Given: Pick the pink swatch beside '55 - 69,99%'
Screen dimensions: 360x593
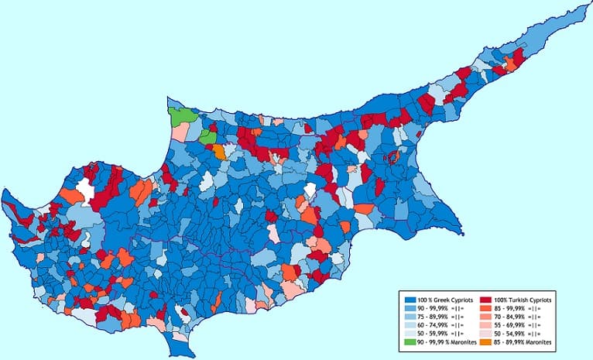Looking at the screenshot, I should [x=486, y=324].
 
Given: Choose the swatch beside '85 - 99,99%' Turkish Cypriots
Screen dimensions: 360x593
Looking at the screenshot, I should [x=486, y=307].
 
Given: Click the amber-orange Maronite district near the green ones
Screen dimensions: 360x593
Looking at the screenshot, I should [x=219, y=152].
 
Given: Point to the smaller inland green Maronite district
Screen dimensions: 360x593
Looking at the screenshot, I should [x=207, y=137].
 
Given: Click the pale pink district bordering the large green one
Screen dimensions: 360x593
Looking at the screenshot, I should [x=179, y=132].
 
